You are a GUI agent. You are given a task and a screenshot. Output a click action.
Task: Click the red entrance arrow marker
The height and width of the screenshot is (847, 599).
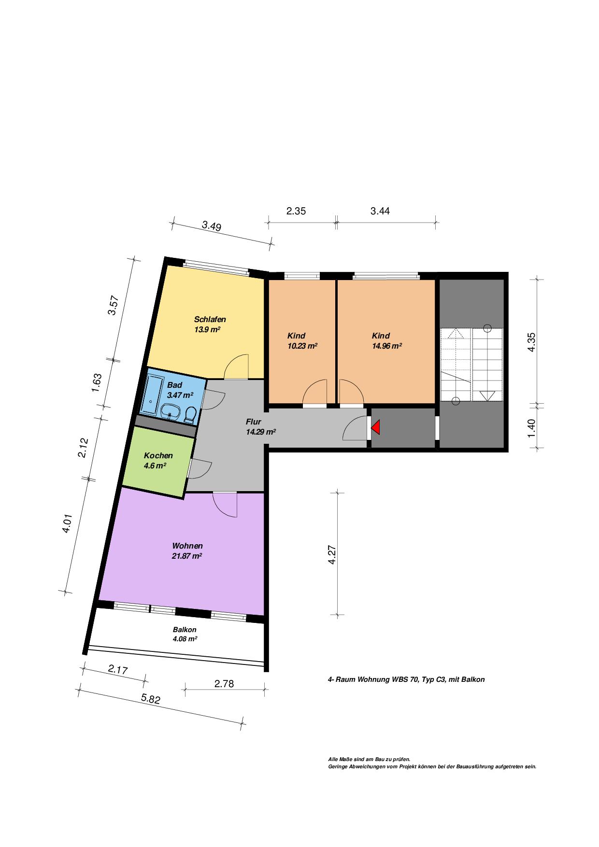(x=376, y=427)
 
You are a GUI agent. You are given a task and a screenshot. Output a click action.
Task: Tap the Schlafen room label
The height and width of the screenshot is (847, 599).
(x=210, y=319)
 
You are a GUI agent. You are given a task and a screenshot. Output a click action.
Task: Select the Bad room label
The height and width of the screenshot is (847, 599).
(x=175, y=385)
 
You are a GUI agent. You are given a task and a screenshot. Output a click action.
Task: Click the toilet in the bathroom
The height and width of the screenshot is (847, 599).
(x=190, y=415)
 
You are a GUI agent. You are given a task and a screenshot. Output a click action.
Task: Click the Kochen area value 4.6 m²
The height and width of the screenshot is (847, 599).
(x=155, y=466)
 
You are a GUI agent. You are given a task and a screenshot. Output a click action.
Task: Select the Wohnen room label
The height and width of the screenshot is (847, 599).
(x=187, y=546)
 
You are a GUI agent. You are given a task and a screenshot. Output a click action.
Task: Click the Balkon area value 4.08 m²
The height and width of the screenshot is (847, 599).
(x=185, y=638)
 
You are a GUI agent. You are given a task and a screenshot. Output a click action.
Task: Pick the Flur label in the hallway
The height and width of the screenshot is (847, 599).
(x=254, y=422)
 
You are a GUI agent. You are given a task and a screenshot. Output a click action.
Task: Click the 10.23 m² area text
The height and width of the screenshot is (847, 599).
(x=302, y=346)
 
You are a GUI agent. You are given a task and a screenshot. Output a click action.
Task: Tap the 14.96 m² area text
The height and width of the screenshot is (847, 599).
(x=387, y=346)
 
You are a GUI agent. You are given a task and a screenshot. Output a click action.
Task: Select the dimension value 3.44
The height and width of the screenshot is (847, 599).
(x=380, y=211)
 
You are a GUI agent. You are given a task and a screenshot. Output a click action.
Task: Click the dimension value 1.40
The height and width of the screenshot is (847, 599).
(x=531, y=428)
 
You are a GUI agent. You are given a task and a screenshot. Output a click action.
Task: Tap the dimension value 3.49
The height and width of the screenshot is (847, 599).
(x=212, y=226)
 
